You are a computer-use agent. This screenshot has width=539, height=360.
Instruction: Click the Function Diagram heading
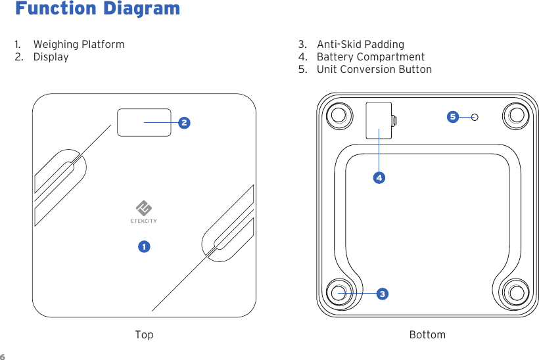coord(97,9)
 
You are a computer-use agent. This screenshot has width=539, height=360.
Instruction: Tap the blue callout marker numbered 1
coord(143,246)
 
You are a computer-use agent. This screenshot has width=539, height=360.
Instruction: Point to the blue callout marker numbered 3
coord(381,293)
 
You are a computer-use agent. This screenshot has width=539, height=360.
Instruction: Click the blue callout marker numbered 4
coord(379,177)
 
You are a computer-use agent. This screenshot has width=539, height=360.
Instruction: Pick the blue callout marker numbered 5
coord(452,117)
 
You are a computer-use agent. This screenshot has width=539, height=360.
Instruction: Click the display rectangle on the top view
coord(144,122)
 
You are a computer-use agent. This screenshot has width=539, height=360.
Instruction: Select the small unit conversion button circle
coord(475,117)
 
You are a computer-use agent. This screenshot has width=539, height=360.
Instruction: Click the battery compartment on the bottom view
coord(379,120)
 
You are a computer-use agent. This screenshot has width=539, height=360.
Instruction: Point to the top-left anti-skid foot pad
coord(339,115)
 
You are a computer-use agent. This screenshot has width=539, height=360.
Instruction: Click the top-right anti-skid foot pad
coord(516,115)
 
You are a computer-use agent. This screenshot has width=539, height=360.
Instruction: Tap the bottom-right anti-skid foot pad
coord(516,293)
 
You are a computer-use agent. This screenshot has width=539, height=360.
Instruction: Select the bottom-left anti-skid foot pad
coord(339,293)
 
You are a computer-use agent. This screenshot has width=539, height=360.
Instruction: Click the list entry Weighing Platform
coord(78,45)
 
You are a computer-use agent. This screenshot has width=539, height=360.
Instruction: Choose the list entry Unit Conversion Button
coord(374,70)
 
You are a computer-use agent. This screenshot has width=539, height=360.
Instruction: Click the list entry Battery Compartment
coord(370,57)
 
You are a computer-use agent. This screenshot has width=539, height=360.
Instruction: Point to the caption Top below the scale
coord(144,335)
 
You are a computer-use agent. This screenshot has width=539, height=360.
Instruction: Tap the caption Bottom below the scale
coord(427,335)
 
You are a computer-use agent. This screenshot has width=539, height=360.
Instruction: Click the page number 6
coord(3,357)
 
